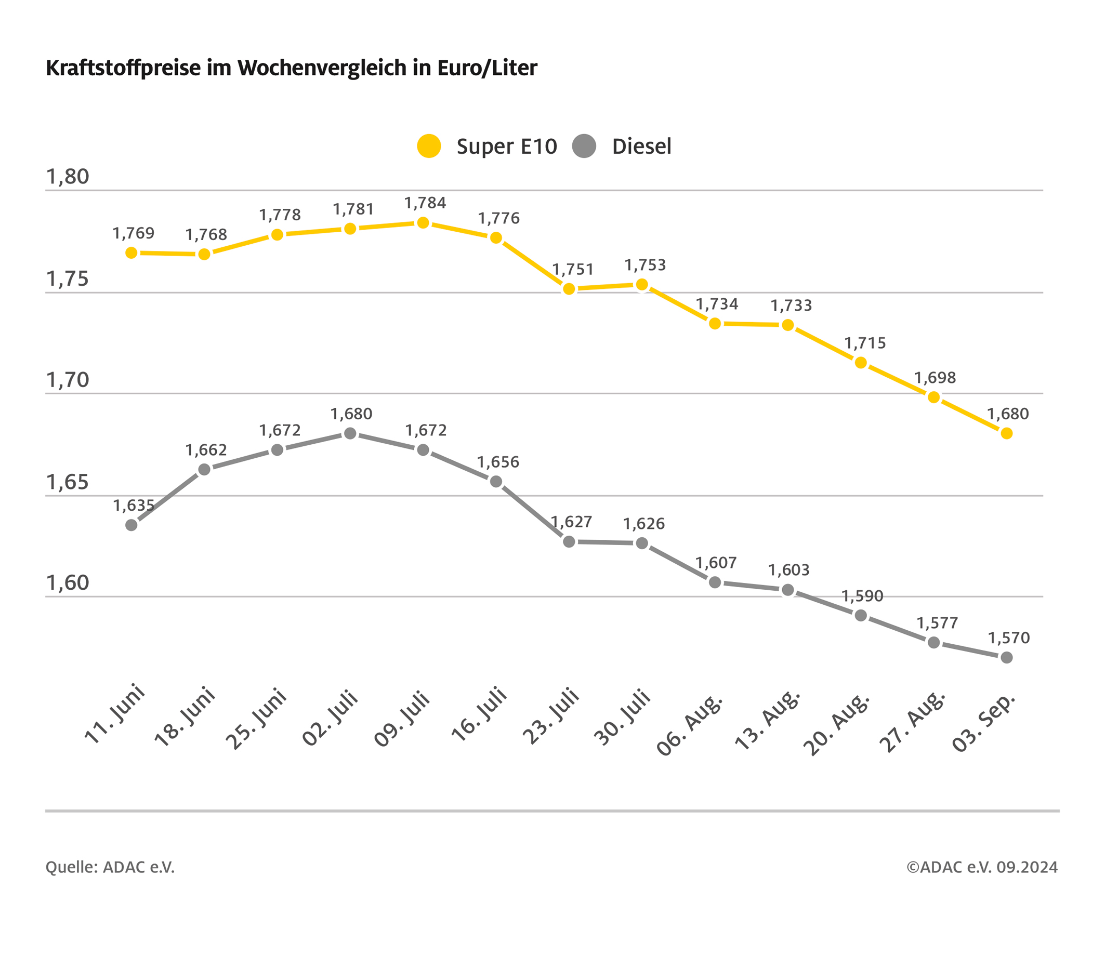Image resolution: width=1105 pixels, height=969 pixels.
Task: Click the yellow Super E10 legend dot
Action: [x=429, y=146]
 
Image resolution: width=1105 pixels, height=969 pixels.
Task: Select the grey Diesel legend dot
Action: [x=584, y=146]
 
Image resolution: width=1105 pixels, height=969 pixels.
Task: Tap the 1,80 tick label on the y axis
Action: [x=68, y=177]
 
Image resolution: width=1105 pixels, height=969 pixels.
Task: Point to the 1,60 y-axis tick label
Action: [x=68, y=583]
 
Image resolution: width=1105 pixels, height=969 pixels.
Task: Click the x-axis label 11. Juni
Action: [x=115, y=714]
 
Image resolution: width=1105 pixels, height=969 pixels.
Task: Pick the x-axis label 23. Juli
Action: [x=551, y=716]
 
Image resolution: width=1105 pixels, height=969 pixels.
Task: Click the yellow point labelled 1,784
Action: [x=423, y=223]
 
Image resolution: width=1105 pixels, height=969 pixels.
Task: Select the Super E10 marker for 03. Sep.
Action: [x=1007, y=433]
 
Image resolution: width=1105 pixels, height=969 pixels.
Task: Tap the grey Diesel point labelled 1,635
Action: [x=131, y=525]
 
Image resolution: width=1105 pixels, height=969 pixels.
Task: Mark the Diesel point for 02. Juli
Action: [x=350, y=433]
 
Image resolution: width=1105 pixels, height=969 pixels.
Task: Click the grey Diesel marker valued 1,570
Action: [x=1007, y=658]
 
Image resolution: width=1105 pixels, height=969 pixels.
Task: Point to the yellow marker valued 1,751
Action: [x=569, y=289]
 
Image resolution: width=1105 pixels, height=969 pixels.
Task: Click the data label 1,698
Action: [x=935, y=378]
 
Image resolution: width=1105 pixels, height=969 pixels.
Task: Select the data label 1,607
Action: [x=716, y=563]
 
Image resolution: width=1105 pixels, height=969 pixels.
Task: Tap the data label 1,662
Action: [x=206, y=450]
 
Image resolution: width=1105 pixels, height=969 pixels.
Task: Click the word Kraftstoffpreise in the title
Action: [x=123, y=68]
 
